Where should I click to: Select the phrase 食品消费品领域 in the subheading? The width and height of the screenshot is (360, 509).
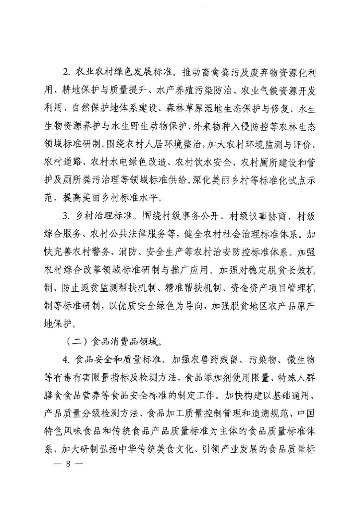pyautogui.click(x=115, y=343)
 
